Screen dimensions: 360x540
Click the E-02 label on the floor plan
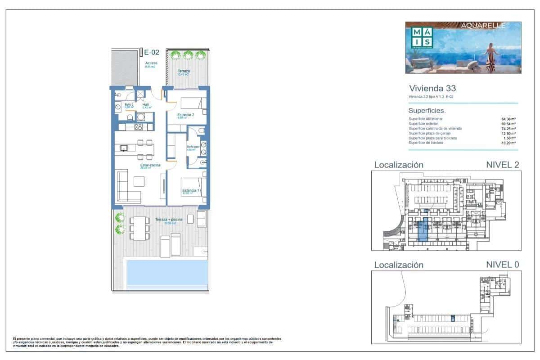(151, 52)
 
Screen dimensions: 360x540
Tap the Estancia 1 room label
(189, 191)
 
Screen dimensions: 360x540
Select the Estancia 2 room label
(185, 115)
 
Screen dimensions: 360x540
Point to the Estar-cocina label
(150, 166)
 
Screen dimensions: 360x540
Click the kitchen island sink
(124, 148)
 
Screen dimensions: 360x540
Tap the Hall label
(145, 105)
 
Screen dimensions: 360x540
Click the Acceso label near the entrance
(151, 63)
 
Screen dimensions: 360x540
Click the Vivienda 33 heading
(432, 88)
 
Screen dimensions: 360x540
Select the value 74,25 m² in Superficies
(508, 129)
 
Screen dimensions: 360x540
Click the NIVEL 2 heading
(502, 165)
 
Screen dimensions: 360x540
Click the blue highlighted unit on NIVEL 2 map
(423, 230)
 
